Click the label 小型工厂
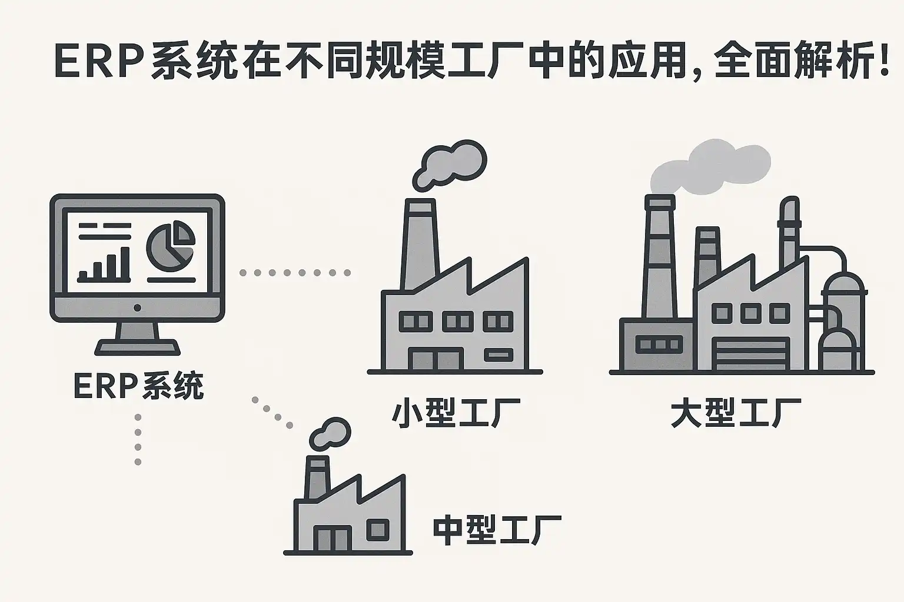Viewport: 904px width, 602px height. pos(456,414)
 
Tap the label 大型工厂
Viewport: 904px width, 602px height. pos(736,414)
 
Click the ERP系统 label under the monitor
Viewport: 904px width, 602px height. pos(138,386)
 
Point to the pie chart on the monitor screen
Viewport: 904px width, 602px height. pos(170,246)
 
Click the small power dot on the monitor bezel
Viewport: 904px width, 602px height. pos(137,307)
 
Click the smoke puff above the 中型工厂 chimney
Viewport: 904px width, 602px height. pos(330,434)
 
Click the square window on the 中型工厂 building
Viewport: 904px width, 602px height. pos(377,530)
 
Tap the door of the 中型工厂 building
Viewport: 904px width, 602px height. pos(331,538)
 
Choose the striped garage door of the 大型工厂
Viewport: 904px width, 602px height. pos(750,353)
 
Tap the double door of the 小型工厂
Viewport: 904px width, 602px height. pos(436,359)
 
